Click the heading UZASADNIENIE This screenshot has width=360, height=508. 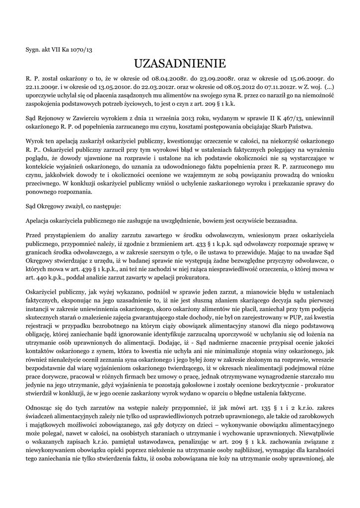pyautogui.click(x=180, y=63)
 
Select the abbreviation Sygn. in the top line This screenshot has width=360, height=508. pyautogui.click(x=33, y=49)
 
